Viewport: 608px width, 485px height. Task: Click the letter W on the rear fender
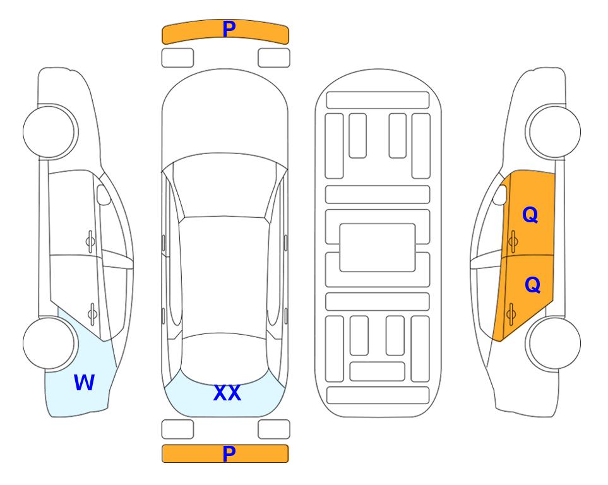[84, 383]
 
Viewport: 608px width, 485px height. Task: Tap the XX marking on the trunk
[227, 393]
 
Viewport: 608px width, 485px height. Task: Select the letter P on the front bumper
[229, 28]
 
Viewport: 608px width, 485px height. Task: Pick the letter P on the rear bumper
[229, 453]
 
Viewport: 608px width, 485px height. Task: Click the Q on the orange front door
[530, 215]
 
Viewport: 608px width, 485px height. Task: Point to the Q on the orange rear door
[532, 285]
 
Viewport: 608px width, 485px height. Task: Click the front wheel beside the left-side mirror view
[49, 132]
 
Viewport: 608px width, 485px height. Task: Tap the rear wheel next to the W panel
[49, 343]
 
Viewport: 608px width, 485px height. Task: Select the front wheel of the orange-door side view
[554, 132]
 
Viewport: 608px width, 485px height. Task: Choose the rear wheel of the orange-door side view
[554, 343]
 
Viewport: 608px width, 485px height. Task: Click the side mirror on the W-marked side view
[104, 195]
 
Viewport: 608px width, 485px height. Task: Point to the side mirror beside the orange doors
[500, 195]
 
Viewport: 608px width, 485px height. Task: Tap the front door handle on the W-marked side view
[90, 241]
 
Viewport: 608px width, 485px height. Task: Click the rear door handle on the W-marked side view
[92, 313]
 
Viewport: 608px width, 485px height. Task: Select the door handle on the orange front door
[513, 241]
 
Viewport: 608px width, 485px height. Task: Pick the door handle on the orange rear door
[511, 313]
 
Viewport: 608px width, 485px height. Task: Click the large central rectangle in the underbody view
[378, 248]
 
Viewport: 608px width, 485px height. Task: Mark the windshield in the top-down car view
[225, 186]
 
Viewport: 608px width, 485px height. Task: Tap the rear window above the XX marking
[224, 359]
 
